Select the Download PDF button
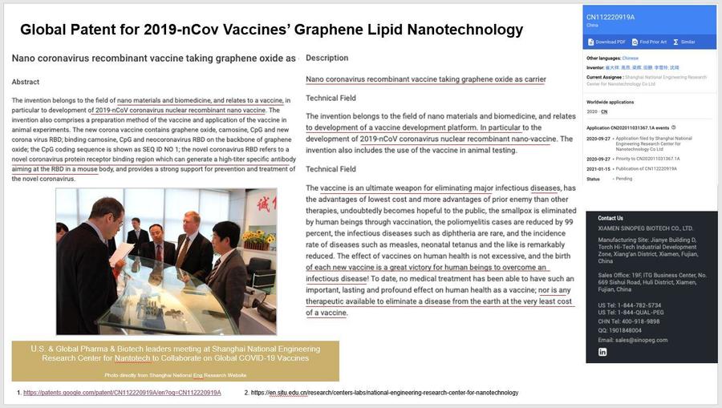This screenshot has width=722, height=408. tap(610, 42)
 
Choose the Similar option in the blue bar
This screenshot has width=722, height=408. tap(684, 42)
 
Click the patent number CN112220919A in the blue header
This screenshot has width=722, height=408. tap(610, 17)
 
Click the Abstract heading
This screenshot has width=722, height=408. tap(26, 82)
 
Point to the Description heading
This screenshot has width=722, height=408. tap(327, 58)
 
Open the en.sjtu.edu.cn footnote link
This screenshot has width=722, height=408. tap(384, 393)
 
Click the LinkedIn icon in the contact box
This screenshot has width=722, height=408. tap(602, 352)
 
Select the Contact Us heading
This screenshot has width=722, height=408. tap(610, 218)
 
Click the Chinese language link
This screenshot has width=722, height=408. tap(631, 59)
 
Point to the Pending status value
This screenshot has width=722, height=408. tap(623, 179)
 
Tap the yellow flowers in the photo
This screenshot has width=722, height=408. tap(259, 238)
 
